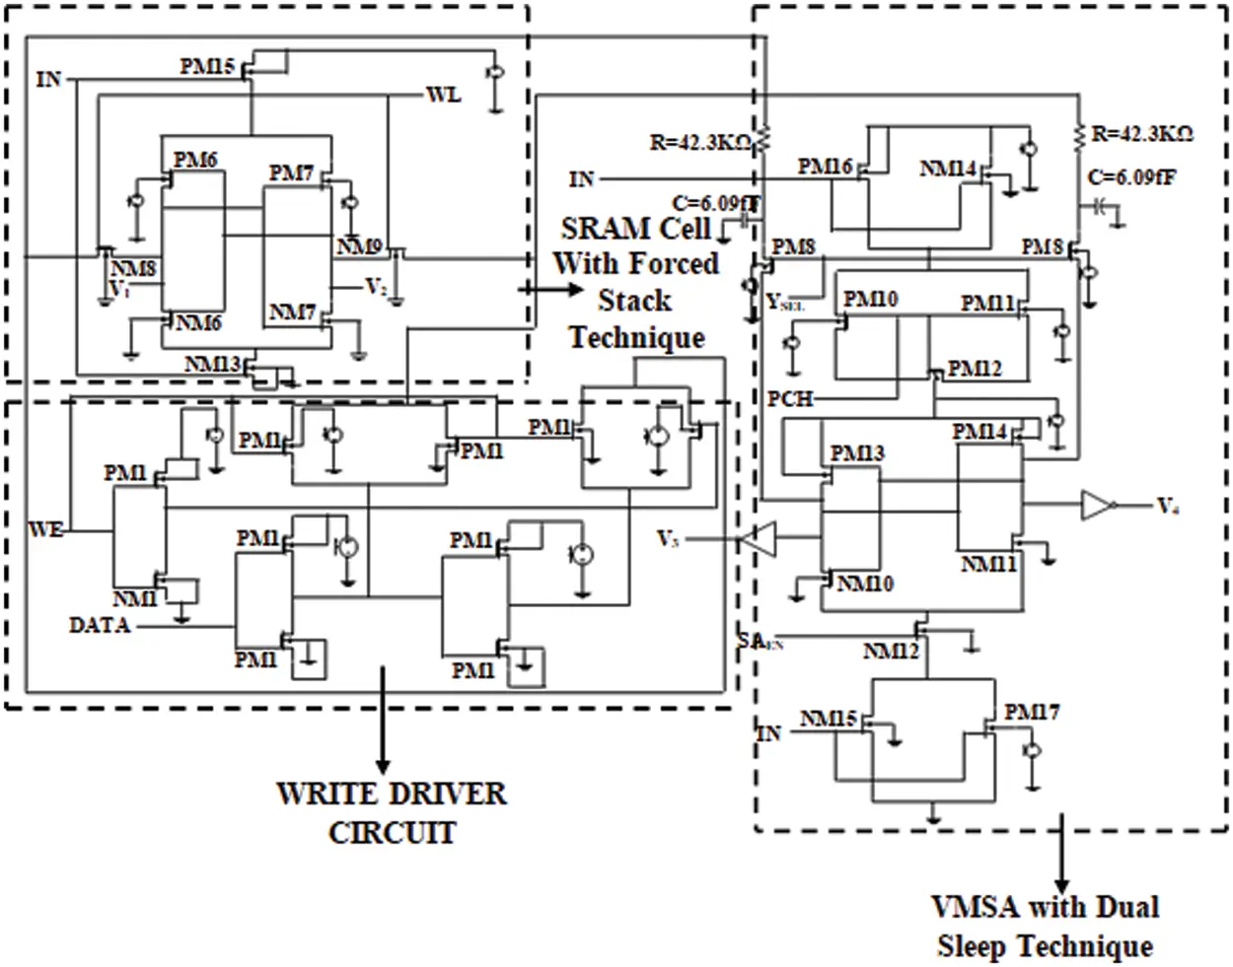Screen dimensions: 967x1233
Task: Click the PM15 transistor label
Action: (x=207, y=67)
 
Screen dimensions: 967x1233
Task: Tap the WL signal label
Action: (x=443, y=96)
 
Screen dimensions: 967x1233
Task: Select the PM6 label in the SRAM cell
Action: (x=195, y=160)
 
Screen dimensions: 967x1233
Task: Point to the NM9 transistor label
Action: (x=359, y=246)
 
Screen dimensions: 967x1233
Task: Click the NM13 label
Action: (x=212, y=366)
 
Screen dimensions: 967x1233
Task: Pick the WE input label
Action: (x=45, y=530)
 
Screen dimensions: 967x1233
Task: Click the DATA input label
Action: (x=100, y=625)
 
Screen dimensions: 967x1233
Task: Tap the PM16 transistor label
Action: (x=825, y=167)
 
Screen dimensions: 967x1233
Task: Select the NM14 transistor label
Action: (x=948, y=169)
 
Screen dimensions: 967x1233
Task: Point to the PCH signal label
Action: (x=790, y=399)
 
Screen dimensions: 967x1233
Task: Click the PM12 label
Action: (x=975, y=369)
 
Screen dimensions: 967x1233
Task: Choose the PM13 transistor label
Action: (x=857, y=453)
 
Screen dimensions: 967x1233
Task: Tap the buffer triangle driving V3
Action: (x=754, y=539)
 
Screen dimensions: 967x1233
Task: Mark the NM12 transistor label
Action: (x=891, y=652)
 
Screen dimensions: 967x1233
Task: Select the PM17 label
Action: (x=1032, y=712)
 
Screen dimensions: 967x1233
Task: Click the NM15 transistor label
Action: (x=828, y=719)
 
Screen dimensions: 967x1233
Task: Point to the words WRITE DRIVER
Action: (x=392, y=794)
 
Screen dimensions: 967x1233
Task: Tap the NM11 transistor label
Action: (x=988, y=565)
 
